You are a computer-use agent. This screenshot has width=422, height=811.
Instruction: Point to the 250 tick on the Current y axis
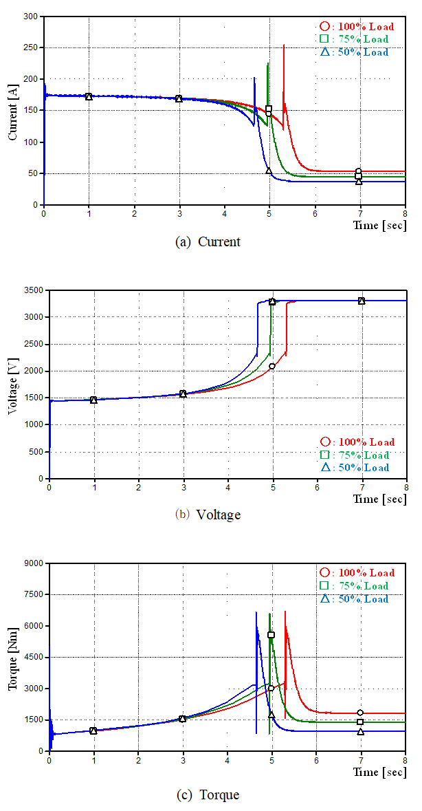pyautogui.click(x=30, y=47)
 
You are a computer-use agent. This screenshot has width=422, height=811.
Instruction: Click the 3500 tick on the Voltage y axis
pyautogui.click(x=33, y=290)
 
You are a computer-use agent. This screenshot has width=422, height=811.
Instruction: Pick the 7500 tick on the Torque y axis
pyautogui.click(x=33, y=594)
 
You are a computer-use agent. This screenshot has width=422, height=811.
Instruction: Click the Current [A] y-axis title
pyautogui.click(x=12, y=110)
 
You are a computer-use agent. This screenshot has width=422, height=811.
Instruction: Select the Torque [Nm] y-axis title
pyautogui.click(x=12, y=658)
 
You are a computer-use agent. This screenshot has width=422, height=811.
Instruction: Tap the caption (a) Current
pyautogui.click(x=208, y=241)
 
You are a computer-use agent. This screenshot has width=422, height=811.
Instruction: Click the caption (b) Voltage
pyautogui.click(x=208, y=514)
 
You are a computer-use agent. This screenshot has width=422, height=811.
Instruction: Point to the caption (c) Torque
pyautogui.click(x=208, y=794)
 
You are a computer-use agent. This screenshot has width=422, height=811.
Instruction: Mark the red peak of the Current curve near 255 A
pyautogui.click(x=284, y=45)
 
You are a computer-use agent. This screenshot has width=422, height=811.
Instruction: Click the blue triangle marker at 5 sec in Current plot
pyautogui.click(x=269, y=171)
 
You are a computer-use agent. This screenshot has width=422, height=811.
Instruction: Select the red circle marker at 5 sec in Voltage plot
pyautogui.click(x=272, y=366)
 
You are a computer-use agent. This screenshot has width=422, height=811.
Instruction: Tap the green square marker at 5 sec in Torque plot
pyautogui.click(x=271, y=635)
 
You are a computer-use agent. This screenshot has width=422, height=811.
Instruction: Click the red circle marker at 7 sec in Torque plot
pyautogui.click(x=360, y=713)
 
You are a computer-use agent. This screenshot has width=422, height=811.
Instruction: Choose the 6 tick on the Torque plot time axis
pyautogui.click(x=315, y=761)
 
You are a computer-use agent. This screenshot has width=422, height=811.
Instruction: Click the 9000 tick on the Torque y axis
pyautogui.click(x=33, y=563)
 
